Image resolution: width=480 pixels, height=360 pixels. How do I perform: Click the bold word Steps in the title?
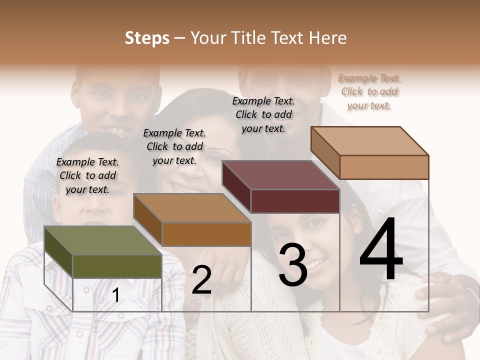pyautogui.click(x=147, y=38)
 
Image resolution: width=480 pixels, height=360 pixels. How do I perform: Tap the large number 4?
pyautogui.click(x=381, y=249)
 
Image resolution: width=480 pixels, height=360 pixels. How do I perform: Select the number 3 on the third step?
pyautogui.click(x=293, y=265)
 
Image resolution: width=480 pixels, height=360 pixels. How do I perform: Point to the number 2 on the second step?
pyautogui.click(x=201, y=280)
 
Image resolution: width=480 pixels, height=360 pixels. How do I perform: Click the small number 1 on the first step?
pyautogui.click(x=116, y=295)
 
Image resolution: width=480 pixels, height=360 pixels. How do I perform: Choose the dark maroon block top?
pyautogui.click(x=280, y=175)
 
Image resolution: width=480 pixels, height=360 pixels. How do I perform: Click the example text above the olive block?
pyautogui.click(x=87, y=175)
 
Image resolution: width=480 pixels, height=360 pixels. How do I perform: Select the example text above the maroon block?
pyautogui.click(x=263, y=114)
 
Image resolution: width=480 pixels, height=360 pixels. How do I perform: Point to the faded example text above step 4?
pyautogui.click(x=369, y=91)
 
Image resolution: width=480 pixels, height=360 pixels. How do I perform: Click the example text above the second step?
pyautogui.click(x=174, y=146)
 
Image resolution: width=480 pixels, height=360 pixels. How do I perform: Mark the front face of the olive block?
pyautogui.click(x=117, y=266)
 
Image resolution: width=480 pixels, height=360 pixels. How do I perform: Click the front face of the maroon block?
pyautogui.click(x=295, y=201)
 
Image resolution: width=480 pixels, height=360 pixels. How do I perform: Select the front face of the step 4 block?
pyautogui.click(x=384, y=167)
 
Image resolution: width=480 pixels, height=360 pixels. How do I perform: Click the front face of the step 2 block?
pyautogui.click(x=206, y=234)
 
